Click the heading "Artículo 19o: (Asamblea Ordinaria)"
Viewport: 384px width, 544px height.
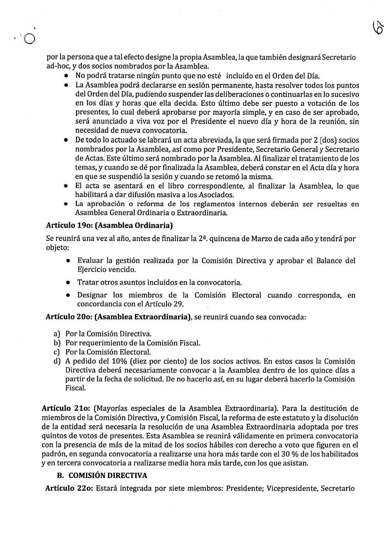coord(109,225)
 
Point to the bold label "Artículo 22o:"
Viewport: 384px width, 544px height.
coord(69,488)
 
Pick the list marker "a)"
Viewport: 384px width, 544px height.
coord(57,334)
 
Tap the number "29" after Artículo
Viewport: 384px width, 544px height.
coord(178,304)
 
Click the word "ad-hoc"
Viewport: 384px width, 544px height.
coord(57,66)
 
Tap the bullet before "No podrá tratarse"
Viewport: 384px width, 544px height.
coord(68,76)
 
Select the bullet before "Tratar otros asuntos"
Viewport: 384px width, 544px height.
coord(68,282)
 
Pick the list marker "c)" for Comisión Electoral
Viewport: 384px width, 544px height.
coord(57,352)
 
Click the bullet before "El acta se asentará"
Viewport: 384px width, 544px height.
coord(68,186)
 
